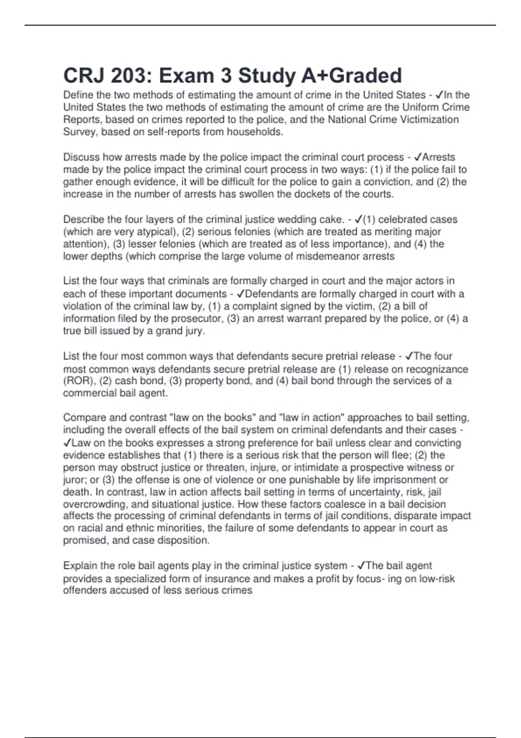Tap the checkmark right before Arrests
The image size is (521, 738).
point(419,157)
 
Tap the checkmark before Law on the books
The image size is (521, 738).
point(67,443)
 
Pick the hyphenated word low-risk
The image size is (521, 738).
point(437,578)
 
